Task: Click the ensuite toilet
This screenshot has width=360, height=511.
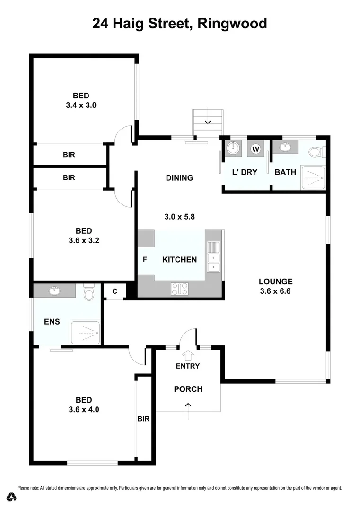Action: pyautogui.click(x=88, y=293)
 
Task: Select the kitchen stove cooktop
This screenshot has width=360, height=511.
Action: pyautogui.click(x=180, y=288)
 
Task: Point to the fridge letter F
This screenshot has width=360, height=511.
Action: pyautogui.click(x=145, y=259)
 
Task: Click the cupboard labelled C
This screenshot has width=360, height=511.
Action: pyautogui.click(x=114, y=291)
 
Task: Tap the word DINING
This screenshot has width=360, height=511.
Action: pyautogui.click(x=179, y=178)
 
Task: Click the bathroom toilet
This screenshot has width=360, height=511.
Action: pyautogui.click(x=316, y=152)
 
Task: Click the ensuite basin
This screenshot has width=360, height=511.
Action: pyautogui.click(x=54, y=291)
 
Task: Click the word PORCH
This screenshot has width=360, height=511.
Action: pyautogui.click(x=188, y=389)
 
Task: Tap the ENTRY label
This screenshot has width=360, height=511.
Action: pyautogui.click(x=188, y=366)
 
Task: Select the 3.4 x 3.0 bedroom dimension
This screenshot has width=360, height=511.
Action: pyautogui.click(x=81, y=105)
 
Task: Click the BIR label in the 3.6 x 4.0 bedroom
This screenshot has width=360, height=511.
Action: pyautogui.click(x=143, y=419)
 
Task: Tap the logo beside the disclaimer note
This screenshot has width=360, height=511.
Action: pyautogui.click(x=11, y=496)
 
